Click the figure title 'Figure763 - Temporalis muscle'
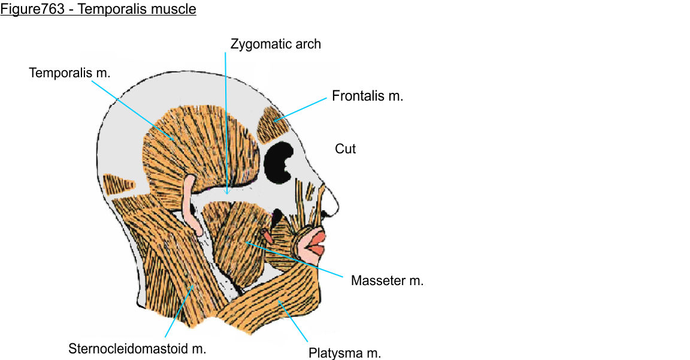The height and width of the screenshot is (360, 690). point(98,10)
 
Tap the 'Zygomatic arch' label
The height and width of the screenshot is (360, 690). point(276,44)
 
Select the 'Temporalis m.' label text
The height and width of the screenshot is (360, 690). point(70,72)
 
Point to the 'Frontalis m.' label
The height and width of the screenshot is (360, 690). point(367,96)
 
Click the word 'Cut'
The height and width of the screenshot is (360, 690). point(345,149)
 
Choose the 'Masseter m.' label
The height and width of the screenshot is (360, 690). point(387,280)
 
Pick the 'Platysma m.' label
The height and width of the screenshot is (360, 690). point(344,353)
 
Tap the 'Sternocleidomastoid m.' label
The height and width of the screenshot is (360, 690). point(137,349)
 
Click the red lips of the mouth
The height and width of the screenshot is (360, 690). point(314,243)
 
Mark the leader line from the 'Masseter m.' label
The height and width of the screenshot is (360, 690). point(293,259)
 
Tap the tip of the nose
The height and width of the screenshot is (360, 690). point(338,207)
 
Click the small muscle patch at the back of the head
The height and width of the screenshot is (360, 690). point(120,183)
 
